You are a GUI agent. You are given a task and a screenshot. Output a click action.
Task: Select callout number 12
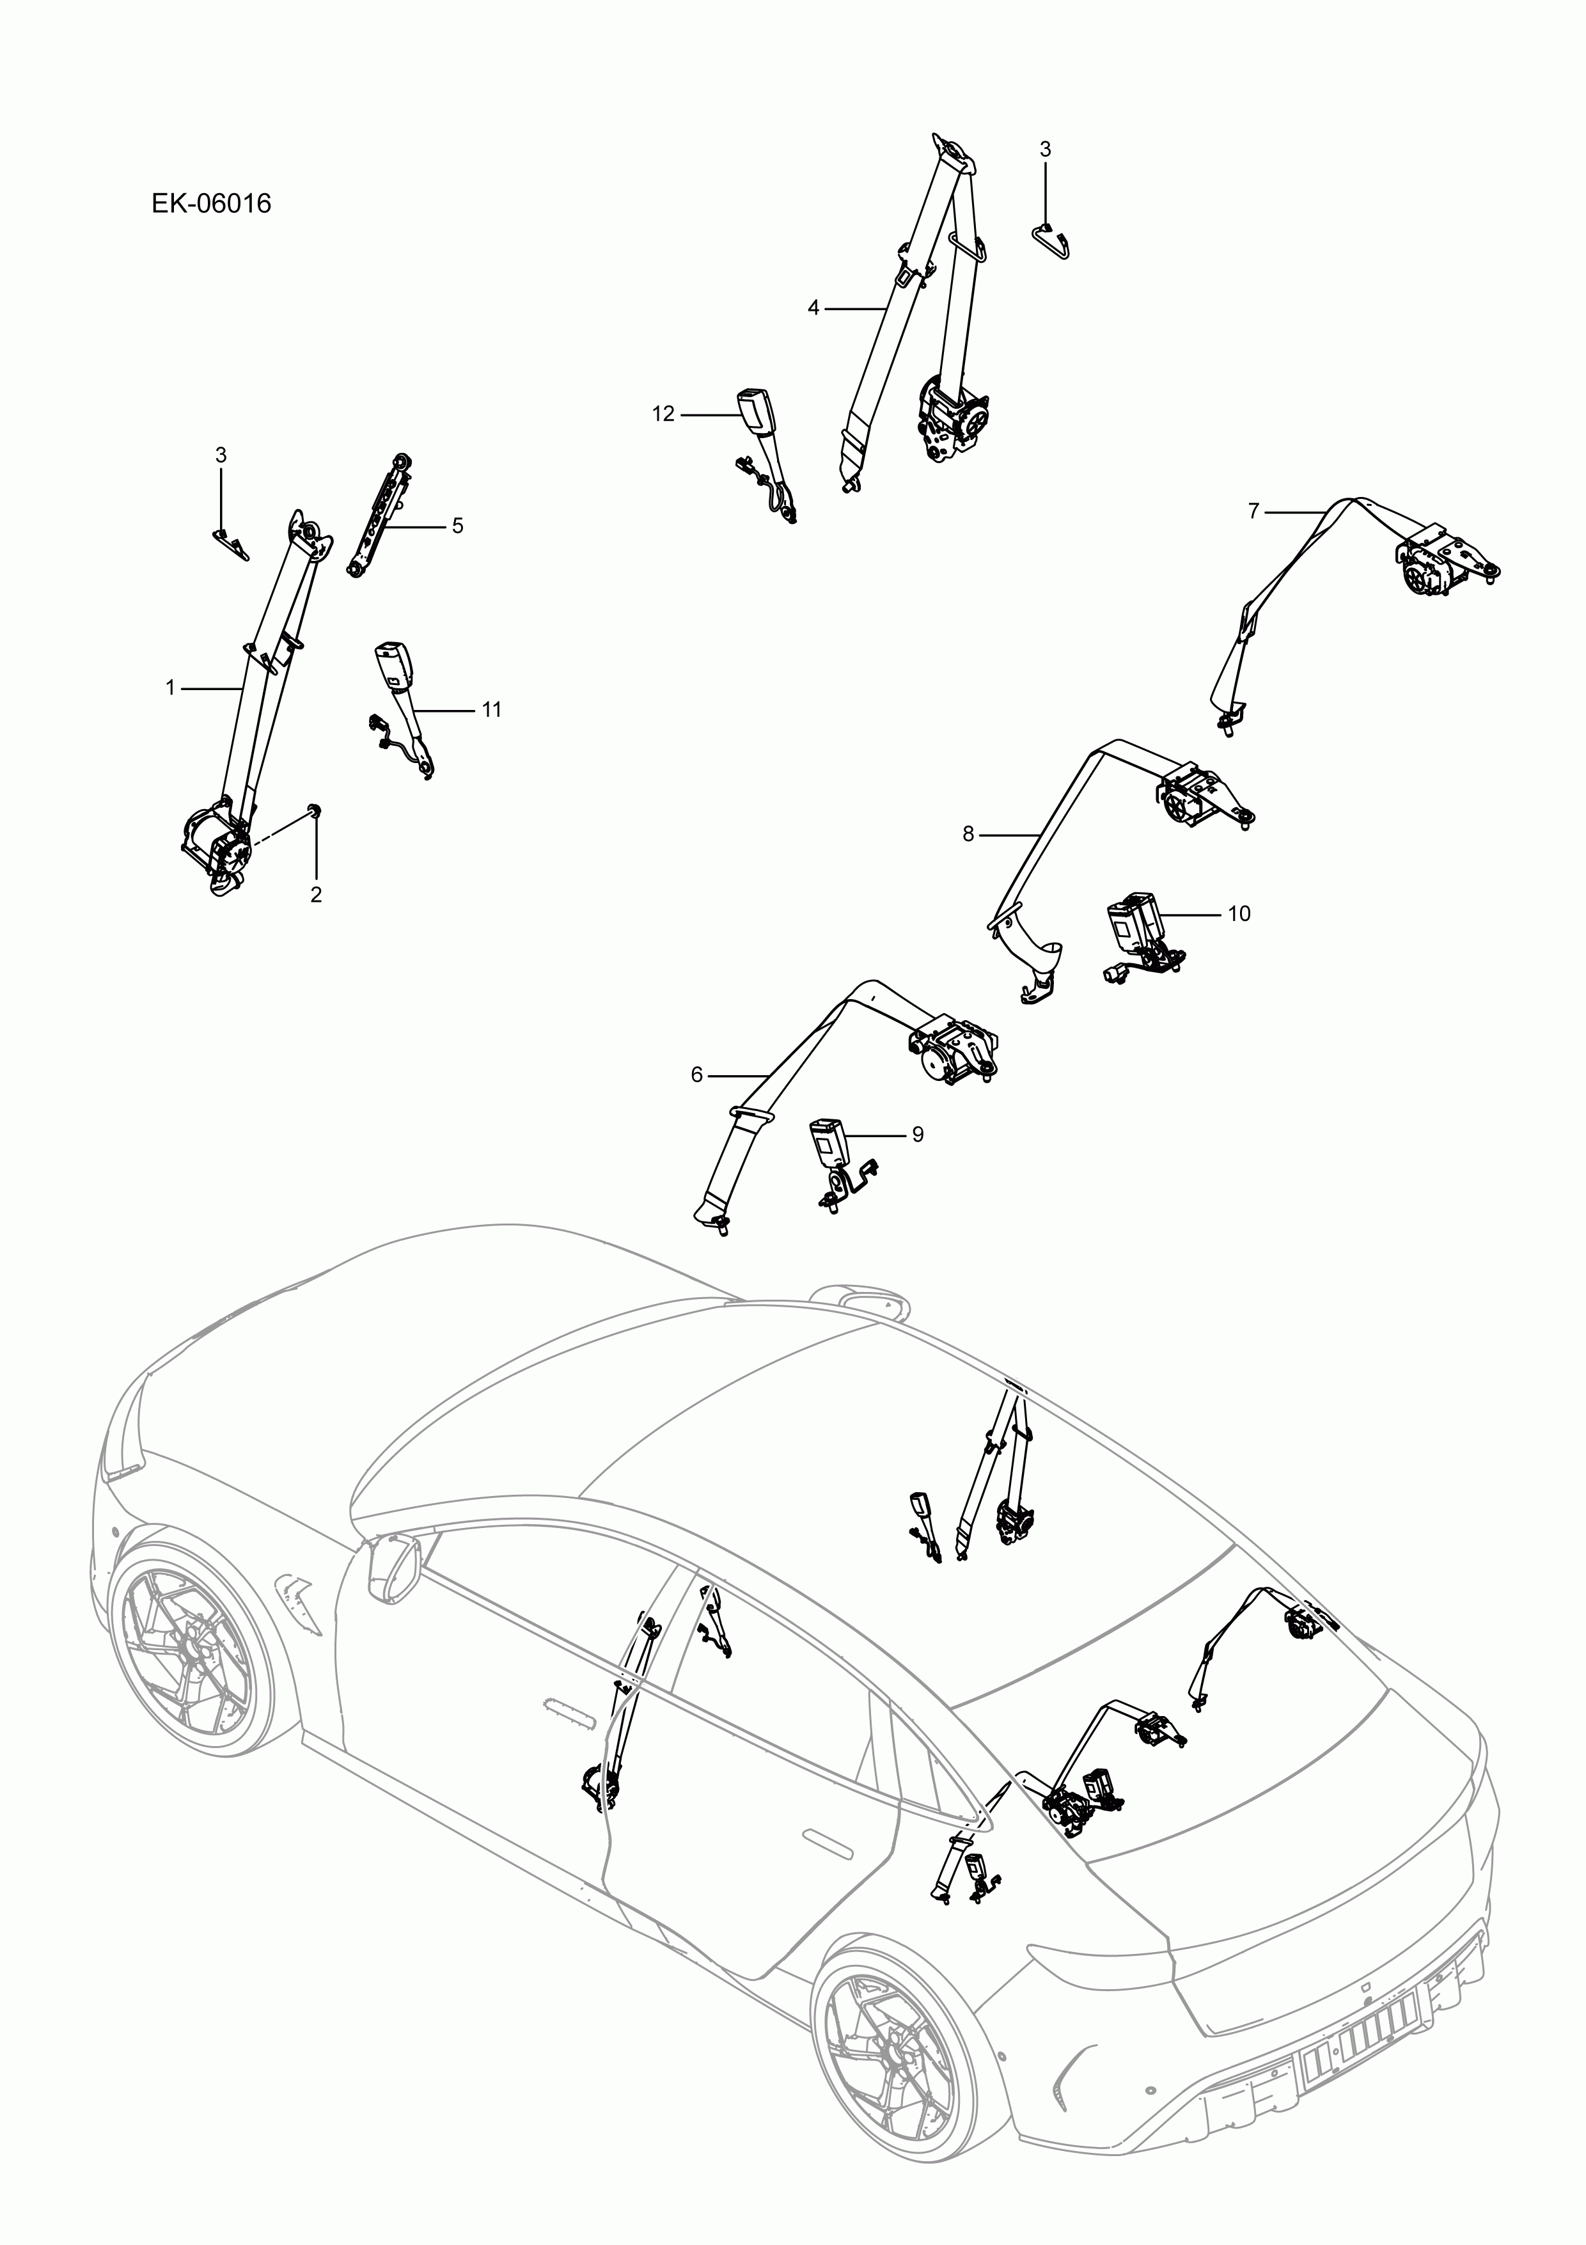(x=663, y=414)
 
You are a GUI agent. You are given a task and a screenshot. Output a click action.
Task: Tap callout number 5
(x=457, y=526)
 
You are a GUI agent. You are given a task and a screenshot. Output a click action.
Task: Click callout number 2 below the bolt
(x=316, y=895)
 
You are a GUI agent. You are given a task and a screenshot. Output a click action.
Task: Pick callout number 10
(x=1238, y=913)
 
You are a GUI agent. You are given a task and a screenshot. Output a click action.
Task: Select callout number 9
(x=917, y=1134)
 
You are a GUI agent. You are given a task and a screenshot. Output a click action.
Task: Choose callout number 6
(x=696, y=1075)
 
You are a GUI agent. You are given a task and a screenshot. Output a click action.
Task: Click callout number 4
(x=813, y=308)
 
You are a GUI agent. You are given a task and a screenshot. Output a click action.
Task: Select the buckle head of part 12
(x=754, y=404)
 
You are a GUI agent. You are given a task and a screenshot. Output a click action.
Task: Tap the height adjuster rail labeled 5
(x=379, y=516)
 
